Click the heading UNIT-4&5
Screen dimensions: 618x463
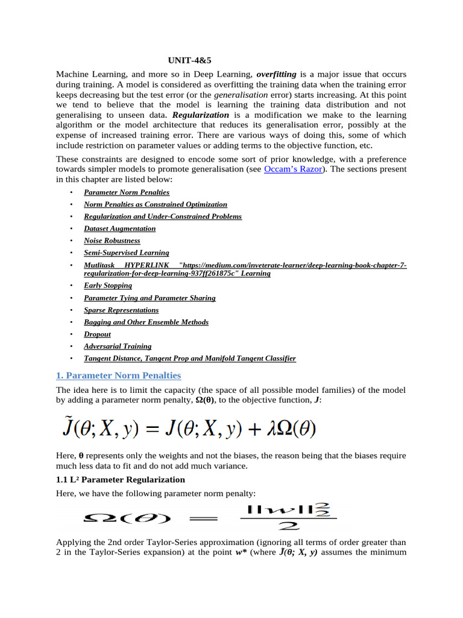pos(189,60)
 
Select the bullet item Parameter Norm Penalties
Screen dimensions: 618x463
pos(127,193)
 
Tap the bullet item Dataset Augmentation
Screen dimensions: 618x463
pos(119,229)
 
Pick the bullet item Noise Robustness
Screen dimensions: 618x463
pos(112,240)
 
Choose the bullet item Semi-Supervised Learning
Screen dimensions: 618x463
pos(127,253)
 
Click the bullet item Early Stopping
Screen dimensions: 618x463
pos(108,285)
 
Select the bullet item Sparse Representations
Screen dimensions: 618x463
pos(121,310)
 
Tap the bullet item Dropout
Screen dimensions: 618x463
pos(97,334)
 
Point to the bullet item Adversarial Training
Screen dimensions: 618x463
pos(118,346)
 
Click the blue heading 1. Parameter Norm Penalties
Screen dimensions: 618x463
pos(118,376)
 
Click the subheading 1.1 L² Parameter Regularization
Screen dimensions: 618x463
pos(120,480)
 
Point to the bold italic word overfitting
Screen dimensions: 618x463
pos(276,74)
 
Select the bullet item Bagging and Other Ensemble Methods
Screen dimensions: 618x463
pos(146,322)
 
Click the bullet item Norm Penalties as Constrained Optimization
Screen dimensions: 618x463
pos(156,205)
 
